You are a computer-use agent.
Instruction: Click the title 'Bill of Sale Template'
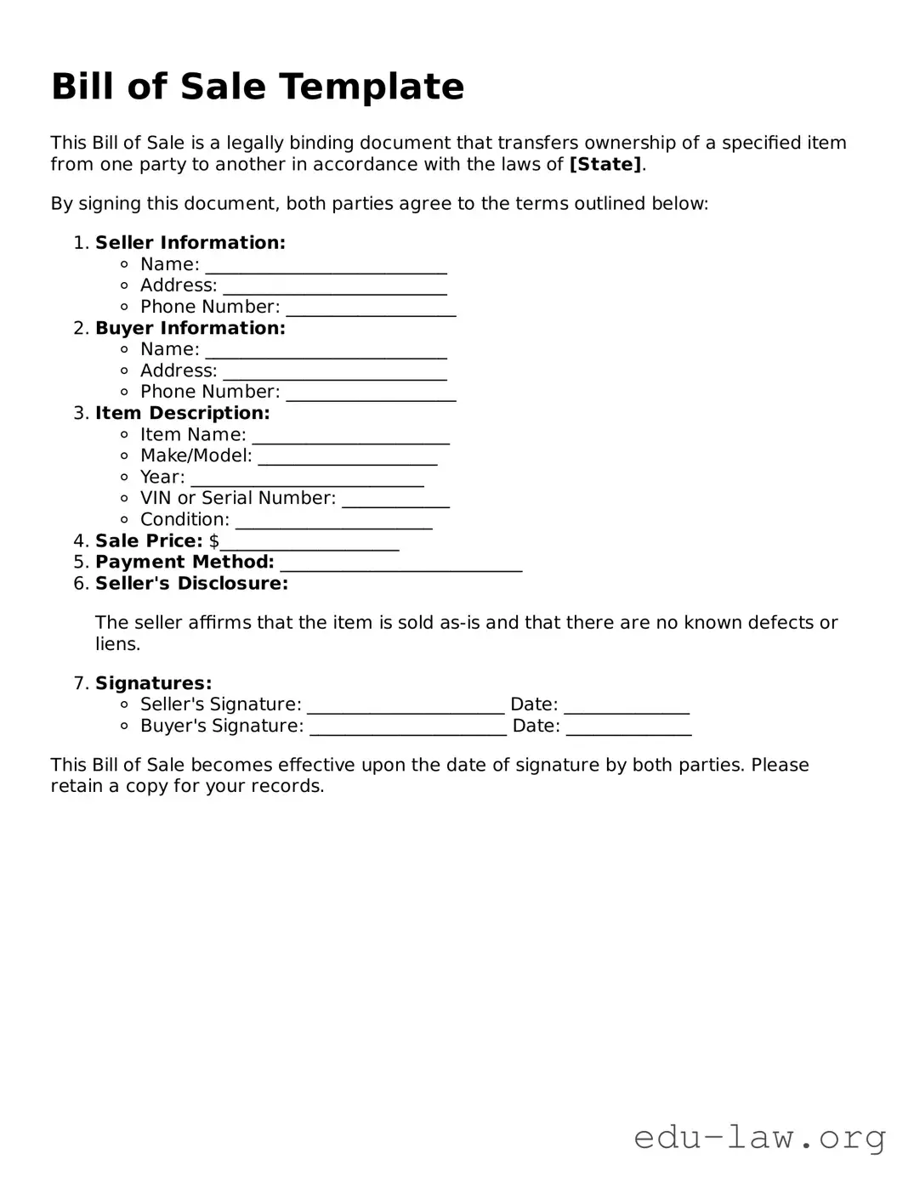point(258,87)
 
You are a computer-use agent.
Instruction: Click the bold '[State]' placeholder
point(605,164)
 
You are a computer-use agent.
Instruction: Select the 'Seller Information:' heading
point(190,243)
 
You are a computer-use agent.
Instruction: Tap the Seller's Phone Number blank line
point(371,308)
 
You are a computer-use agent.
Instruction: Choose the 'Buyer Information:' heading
point(190,328)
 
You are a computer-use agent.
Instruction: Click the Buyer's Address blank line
point(334,372)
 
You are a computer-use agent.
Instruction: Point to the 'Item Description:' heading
point(182,413)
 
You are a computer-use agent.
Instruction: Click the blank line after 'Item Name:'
point(350,436)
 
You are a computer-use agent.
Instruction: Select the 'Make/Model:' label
point(196,455)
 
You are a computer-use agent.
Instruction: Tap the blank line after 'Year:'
point(307,478)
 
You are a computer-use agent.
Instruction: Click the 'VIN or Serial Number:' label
point(237,498)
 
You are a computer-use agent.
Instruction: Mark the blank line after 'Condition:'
point(333,521)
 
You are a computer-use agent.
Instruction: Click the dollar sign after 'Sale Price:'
point(214,541)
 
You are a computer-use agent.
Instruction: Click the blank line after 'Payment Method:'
point(400,563)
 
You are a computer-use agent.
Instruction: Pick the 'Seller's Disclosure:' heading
point(191,584)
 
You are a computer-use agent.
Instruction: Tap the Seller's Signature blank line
point(406,706)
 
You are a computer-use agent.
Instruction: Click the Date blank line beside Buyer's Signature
point(628,727)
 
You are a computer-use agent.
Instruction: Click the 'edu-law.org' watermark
point(759,1137)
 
